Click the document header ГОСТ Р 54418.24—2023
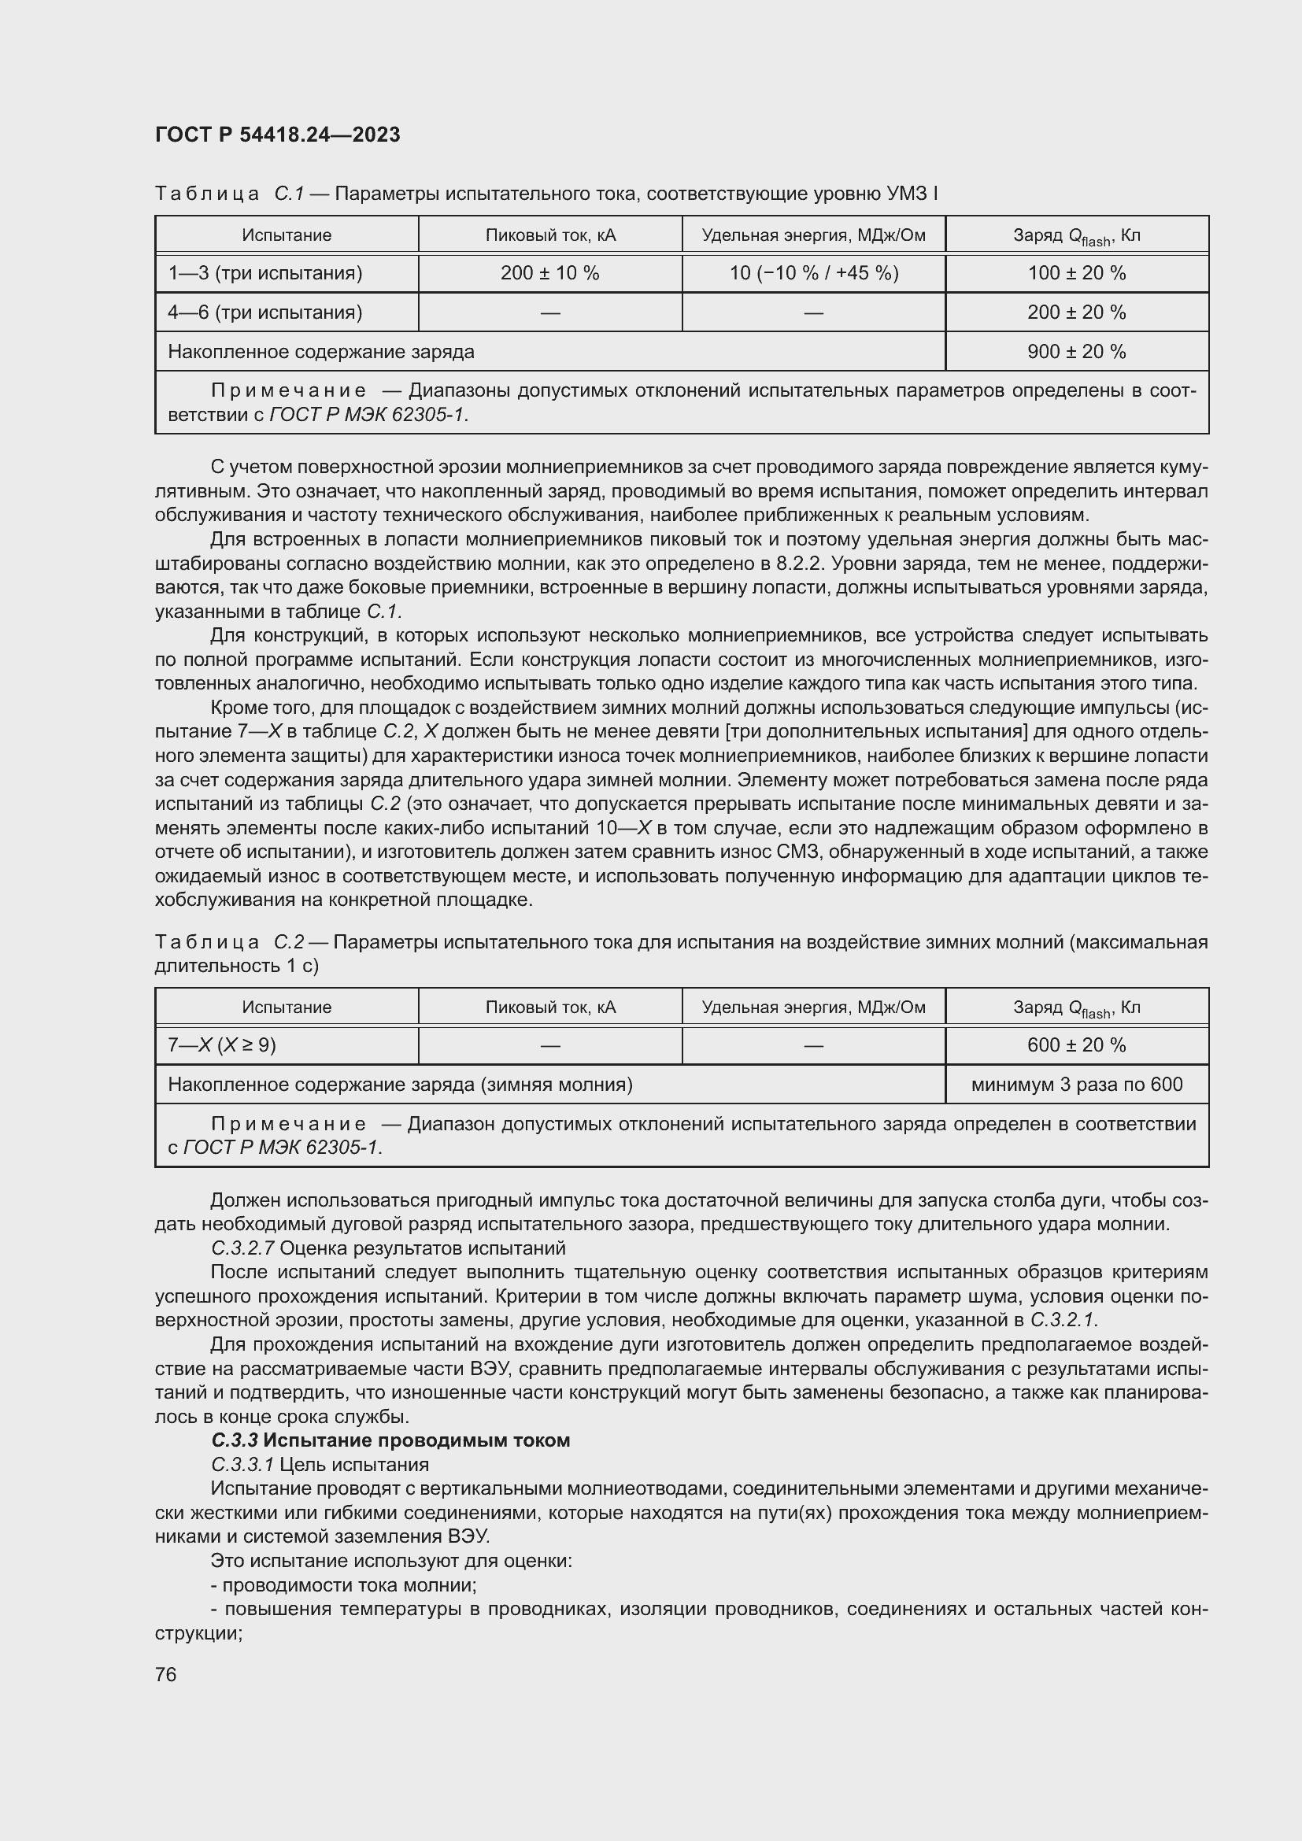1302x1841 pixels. click(x=277, y=135)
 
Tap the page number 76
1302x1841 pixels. click(x=166, y=1674)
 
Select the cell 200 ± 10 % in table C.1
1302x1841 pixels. click(x=549, y=273)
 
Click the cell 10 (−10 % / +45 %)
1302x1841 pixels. click(x=813, y=273)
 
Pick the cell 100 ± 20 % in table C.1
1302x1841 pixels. click(x=1076, y=273)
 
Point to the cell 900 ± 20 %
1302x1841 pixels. click(x=1076, y=351)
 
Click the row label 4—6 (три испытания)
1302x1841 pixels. click(x=264, y=312)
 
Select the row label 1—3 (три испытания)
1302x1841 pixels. click(x=264, y=273)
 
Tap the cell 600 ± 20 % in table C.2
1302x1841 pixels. click(x=1076, y=1045)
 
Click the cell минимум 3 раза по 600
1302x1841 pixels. click(x=1076, y=1085)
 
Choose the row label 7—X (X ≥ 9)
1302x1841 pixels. click(x=221, y=1045)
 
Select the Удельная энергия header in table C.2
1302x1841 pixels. click(x=813, y=1007)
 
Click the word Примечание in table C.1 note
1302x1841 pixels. click(x=289, y=391)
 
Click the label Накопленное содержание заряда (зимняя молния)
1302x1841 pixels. click(x=399, y=1085)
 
